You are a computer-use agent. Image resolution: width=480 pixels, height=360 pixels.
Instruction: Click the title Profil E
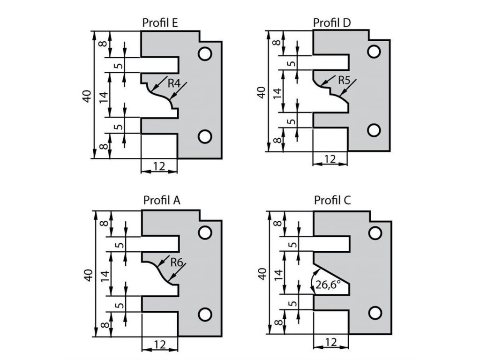(x=160, y=23)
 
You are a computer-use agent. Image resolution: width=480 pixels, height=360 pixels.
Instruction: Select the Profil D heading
(x=332, y=22)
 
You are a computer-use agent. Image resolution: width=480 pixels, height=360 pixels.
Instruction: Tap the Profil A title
(x=162, y=201)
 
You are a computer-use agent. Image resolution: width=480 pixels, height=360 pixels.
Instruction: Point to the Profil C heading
(x=332, y=201)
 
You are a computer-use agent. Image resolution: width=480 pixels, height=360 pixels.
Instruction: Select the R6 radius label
(x=176, y=262)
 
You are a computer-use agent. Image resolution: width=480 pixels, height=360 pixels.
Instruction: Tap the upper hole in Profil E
(x=204, y=54)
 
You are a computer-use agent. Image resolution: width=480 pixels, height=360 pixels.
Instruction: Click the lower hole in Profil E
(x=204, y=136)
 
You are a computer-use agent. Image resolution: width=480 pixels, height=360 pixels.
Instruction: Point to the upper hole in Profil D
(x=374, y=52)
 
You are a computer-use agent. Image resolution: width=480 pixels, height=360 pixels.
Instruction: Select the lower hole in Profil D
(x=374, y=130)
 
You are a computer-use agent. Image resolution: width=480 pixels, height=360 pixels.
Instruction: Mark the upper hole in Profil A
(x=204, y=233)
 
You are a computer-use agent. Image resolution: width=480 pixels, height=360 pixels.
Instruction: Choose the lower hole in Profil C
(x=375, y=312)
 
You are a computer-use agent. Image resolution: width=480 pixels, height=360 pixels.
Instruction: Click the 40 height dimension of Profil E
(x=86, y=95)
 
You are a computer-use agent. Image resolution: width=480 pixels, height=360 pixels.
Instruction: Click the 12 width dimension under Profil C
(x=330, y=342)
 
